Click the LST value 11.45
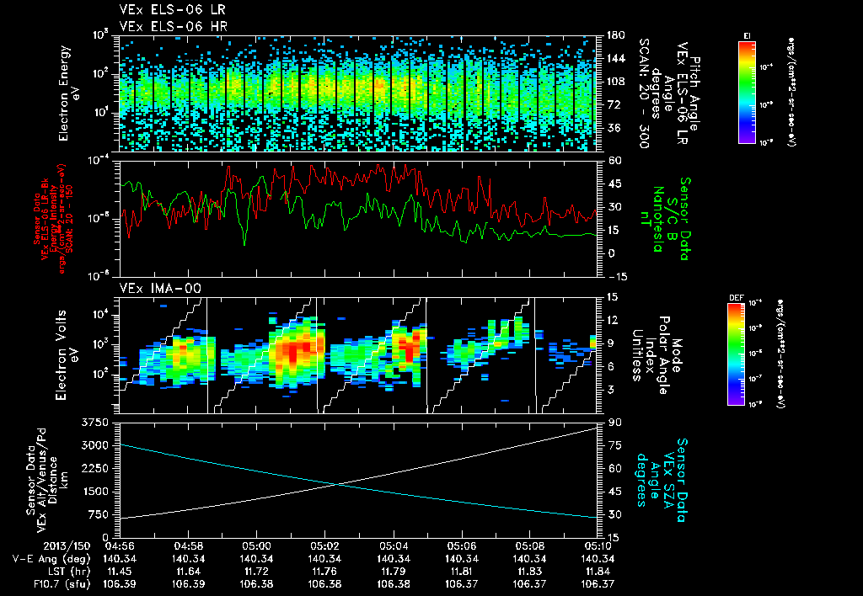[x=135, y=571]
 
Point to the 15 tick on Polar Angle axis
[x=609, y=296]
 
